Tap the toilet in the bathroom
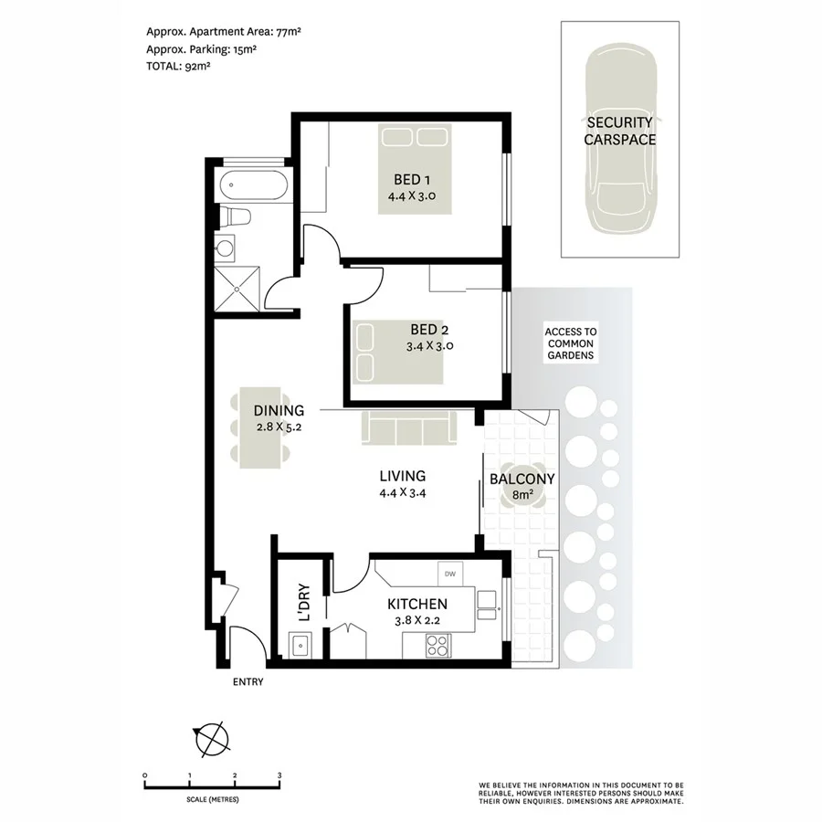235,217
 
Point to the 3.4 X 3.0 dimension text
429,346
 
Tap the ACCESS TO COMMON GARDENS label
570,343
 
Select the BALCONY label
522,479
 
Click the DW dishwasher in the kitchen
450,574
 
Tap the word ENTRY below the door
248,681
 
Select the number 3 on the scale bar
279,775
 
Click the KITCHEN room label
417,604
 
